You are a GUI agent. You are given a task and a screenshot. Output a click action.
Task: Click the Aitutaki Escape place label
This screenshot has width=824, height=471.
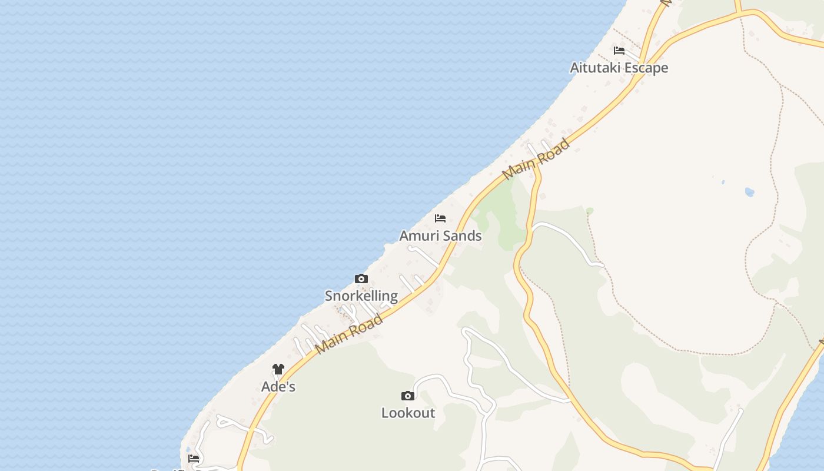coord(619,68)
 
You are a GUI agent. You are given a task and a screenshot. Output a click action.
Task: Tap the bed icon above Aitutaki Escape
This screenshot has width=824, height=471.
coord(619,51)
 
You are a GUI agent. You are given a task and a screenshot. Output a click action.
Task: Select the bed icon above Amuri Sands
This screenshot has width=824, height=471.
coord(440,218)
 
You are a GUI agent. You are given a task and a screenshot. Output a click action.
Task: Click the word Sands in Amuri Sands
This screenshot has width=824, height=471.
coord(462,236)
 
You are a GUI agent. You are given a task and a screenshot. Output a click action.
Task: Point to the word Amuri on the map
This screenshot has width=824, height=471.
coord(418,236)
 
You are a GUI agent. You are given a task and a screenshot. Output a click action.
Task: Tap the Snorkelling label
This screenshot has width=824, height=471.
coord(361,296)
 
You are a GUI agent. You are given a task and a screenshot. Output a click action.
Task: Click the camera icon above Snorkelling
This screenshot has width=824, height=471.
coord(361,279)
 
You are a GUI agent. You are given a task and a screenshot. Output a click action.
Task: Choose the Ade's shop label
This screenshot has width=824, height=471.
coord(278,387)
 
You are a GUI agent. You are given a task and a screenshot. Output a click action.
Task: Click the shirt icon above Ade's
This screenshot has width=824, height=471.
coord(278,370)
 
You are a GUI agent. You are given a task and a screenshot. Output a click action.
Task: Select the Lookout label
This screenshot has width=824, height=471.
coord(408,413)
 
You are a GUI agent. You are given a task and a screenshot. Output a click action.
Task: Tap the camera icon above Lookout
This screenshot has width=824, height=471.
coord(408,396)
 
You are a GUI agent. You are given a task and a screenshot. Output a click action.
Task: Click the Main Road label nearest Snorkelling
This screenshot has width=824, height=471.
coord(349,333)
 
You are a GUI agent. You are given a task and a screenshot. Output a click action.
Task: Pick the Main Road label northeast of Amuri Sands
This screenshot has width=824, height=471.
coord(536,159)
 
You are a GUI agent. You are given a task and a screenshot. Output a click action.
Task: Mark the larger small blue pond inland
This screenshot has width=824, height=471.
coord(749,192)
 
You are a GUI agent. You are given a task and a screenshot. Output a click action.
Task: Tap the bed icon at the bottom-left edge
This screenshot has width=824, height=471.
coord(194,459)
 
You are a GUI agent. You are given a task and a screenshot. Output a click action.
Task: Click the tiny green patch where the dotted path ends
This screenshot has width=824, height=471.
coord(589,211)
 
